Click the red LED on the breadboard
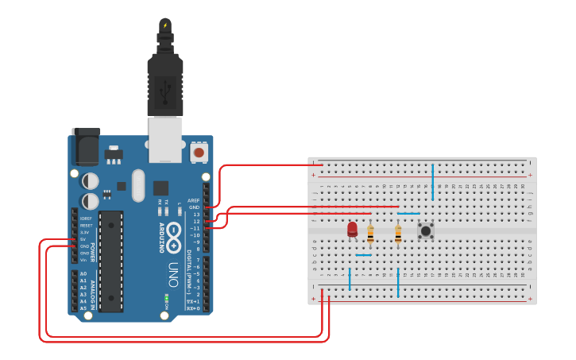click(352, 230)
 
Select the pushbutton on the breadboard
click(426, 230)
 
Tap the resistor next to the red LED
click(370, 233)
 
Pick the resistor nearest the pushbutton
click(398, 233)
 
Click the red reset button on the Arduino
click(199, 151)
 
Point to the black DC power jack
click(86, 146)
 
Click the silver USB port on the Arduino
click(164, 139)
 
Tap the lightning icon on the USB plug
click(165, 25)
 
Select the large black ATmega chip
click(110, 261)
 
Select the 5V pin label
click(83, 239)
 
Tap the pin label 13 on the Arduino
click(195, 215)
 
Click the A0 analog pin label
click(83, 274)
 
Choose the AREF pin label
click(193, 200)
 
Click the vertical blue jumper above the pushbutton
click(432, 182)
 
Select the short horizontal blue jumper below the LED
click(363, 255)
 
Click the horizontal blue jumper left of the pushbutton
click(408, 213)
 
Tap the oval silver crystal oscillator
click(139, 184)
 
